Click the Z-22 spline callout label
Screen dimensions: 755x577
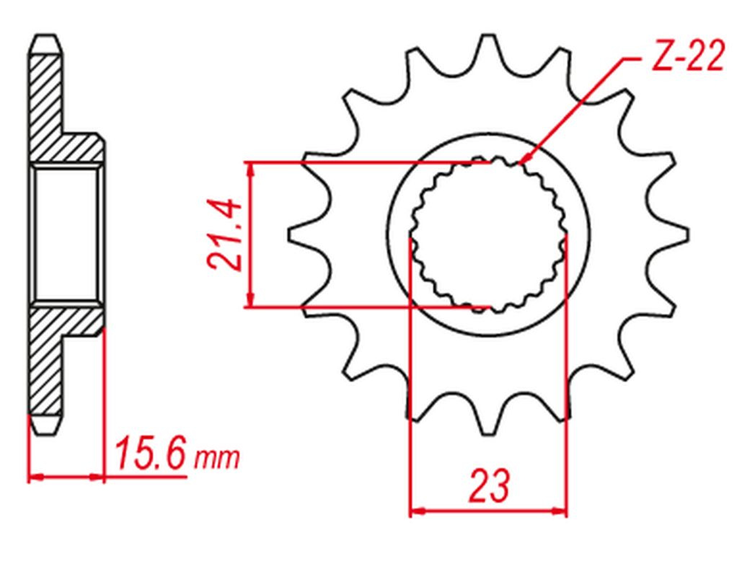687,56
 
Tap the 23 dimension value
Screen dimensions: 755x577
488,485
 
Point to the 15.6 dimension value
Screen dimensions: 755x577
150,453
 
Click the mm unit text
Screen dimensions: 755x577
216,459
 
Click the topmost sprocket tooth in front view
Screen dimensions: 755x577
488,48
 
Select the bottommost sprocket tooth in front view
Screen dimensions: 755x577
488,420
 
